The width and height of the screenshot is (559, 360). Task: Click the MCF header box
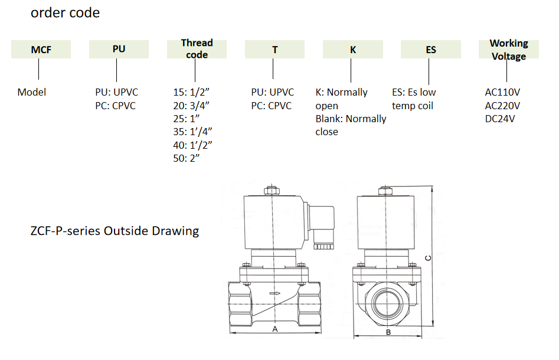[41, 50]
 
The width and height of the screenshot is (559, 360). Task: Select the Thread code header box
[197, 49]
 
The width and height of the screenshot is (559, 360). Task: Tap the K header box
[353, 50]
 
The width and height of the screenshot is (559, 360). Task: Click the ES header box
[431, 50]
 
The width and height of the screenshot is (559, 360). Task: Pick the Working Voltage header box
[508, 50]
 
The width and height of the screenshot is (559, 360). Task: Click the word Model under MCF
[31, 92]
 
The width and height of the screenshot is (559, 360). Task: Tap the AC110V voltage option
[502, 92]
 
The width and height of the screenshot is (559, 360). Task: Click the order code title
[65, 13]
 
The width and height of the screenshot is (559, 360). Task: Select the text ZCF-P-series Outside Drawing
[115, 231]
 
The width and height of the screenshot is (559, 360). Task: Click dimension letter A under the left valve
[274, 329]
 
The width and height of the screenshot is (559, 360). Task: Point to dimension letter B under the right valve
[388, 332]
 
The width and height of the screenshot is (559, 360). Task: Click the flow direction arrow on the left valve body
[274, 293]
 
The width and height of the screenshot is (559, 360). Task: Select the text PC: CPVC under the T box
[271, 106]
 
